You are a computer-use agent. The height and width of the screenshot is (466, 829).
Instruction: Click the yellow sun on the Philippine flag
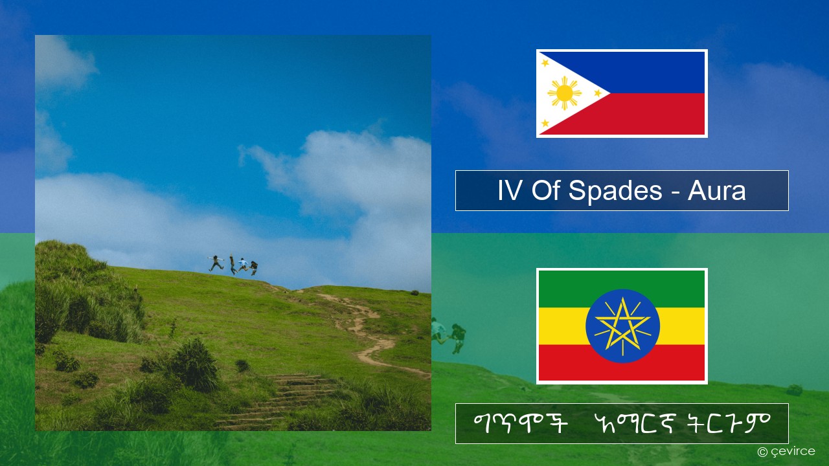[x=564, y=93]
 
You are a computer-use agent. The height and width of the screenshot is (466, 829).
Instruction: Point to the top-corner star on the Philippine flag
[x=545, y=63]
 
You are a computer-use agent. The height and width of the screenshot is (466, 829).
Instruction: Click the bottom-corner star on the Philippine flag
[x=545, y=123]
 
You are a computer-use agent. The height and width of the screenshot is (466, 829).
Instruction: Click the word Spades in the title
[x=615, y=190]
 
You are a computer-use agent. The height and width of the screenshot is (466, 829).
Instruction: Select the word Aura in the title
[x=716, y=190]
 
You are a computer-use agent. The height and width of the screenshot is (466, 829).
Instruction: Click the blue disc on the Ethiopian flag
[x=622, y=326]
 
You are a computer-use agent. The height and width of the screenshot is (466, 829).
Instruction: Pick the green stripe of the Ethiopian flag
[x=622, y=289]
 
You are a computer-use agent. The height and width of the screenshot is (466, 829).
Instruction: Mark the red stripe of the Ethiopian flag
[x=622, y=362]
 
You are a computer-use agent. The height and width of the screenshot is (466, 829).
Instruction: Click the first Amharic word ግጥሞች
[x=520, y=423]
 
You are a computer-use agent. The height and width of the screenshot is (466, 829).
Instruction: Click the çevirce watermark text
[x=786, y=452]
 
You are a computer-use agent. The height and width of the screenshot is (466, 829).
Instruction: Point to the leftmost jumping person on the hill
[x=216, y=263]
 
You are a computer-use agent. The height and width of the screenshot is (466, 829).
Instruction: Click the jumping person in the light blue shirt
[x=243, y=265]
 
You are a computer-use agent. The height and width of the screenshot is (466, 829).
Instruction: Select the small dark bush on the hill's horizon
[x=414, y=293]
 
